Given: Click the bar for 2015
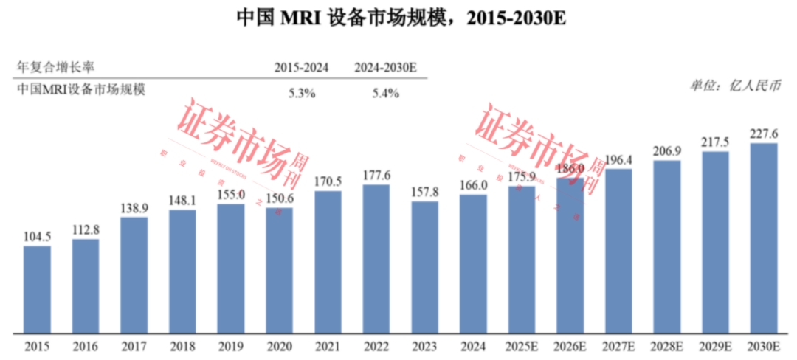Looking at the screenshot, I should click(x=37, y=289).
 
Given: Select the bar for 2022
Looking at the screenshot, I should click(x=376, y=258).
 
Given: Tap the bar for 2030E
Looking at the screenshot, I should click(x=764, y=238).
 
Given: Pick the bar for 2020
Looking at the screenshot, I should click(x=279, y=270).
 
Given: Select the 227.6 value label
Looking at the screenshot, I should click(x=764, y=134).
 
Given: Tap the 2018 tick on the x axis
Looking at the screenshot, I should click(x=182, y=345).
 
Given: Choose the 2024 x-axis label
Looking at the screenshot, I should click(x=473, y=345).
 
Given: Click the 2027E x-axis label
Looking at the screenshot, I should click(x=618, y=345).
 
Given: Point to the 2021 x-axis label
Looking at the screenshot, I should click(x=328, y=345).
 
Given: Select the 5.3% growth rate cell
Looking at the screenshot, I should click(x=301, y=93).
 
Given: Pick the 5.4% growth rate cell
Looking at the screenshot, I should click(x=385, y=93).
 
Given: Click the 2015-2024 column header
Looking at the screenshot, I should click(x=301, y=67).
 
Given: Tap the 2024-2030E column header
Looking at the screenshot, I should click(x=385, y=67).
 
